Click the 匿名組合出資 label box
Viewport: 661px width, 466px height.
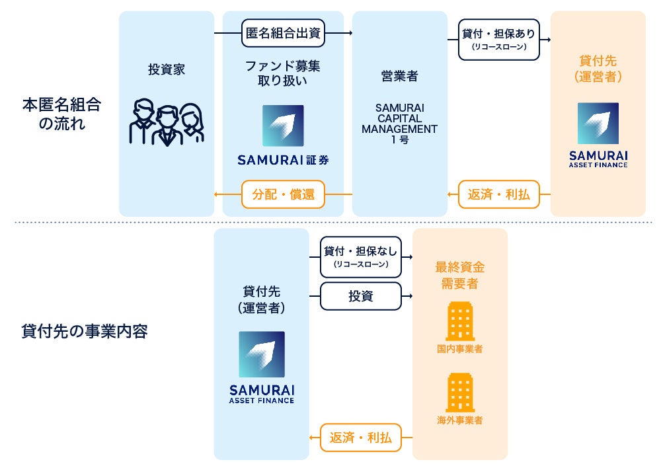coord(283,33)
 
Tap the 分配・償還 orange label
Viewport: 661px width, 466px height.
coord(283,194)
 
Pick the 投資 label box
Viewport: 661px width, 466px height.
coord(361,296)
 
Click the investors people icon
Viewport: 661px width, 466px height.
coord(167,123)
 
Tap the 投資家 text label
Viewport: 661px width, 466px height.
coord(167,69)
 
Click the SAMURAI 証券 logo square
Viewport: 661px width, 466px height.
coord(283,126)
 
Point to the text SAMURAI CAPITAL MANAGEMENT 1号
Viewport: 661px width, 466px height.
coord(399,124)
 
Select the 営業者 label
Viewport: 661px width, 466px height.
coord(399,76)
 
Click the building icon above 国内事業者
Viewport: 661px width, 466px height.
coord(459,322)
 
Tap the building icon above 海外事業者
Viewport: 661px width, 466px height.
coord(459,393)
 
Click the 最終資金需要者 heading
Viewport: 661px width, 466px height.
coord(459,275)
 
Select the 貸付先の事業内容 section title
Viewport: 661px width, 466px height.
coord(84,331)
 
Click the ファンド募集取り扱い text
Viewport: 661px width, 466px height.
coord(283,73)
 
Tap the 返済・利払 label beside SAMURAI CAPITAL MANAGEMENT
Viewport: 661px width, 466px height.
coord(499,194)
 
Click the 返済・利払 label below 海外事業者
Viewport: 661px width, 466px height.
coord(361,437)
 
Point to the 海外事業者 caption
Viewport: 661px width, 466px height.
coord(459,420)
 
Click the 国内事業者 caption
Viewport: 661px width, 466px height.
coord(459,348)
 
